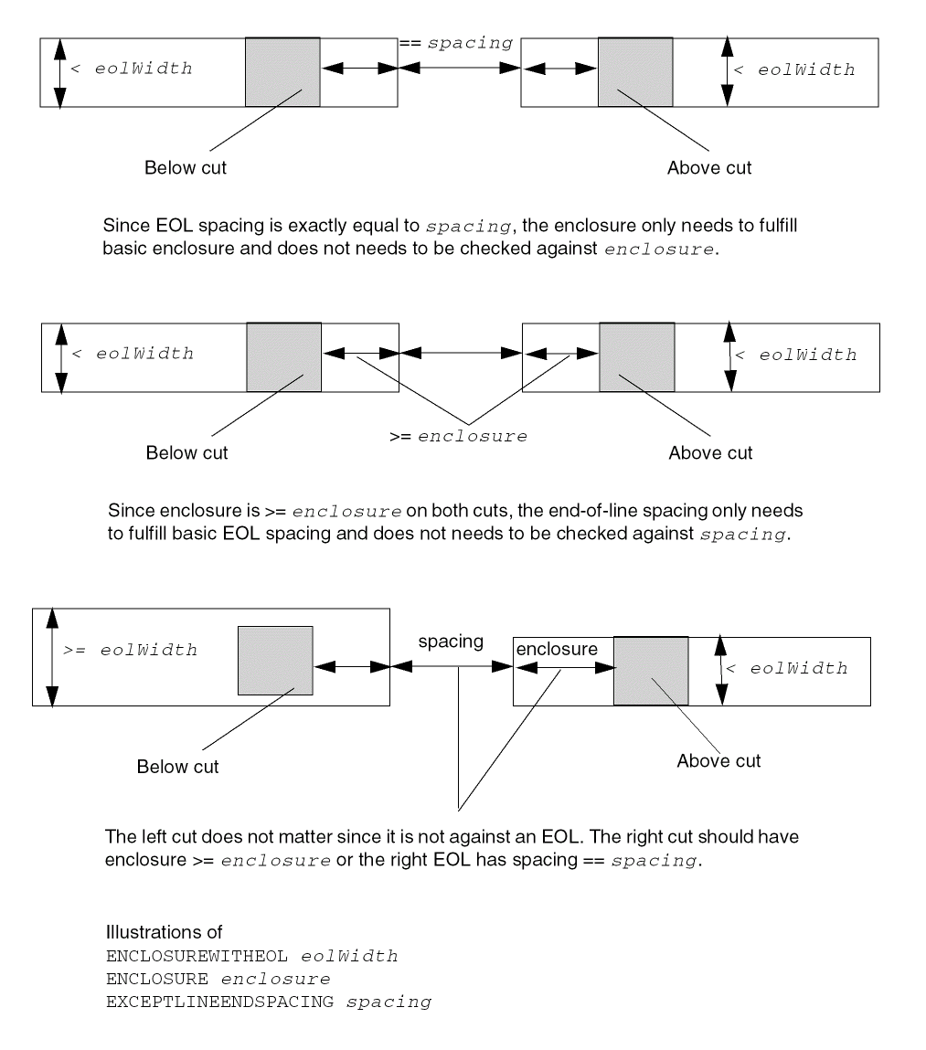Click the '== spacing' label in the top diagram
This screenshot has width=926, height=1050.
point(455,44)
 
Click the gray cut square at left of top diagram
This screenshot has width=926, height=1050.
point(282,72)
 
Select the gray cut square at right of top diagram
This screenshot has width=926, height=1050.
point(635,72)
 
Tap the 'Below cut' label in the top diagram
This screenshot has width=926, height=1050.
point(186,168)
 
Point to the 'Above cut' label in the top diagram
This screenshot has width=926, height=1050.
point(709,168)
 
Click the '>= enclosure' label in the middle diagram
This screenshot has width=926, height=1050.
point(458,437)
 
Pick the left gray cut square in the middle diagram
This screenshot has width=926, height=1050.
point(283,357)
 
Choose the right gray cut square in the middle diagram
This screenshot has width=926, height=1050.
point(636,357)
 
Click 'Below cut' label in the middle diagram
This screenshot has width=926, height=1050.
point(187,453)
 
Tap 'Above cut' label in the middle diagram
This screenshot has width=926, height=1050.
point(710,453)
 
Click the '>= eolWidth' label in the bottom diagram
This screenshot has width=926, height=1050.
point(130,652)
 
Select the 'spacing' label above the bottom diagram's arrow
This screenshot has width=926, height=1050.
point(451,642)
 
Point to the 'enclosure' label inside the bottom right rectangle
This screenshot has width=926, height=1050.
point(557,649)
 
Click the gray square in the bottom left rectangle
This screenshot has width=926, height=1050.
point(275,661)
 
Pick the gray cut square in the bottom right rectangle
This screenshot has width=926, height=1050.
point(651,672)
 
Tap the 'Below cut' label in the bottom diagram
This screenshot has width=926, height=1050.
point(178,767)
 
